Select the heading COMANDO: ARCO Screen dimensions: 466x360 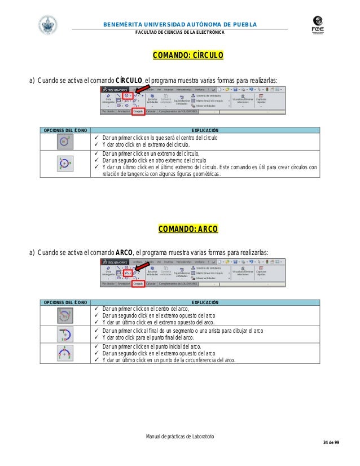pos(180,230)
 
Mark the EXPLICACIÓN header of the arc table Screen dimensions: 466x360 pos(205,303)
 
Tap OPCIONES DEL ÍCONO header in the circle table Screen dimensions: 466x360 pos(62,129)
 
